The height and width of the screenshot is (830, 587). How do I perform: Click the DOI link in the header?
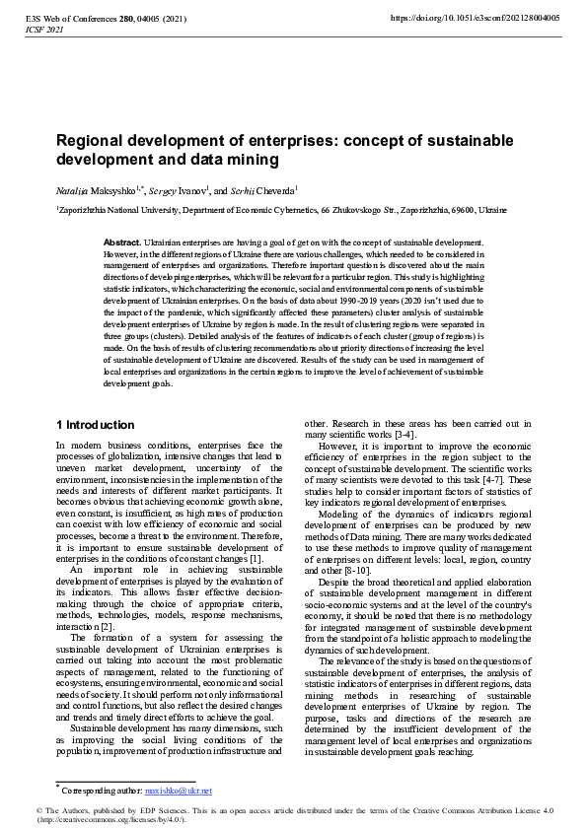pyautogui.click(x=476, y=18)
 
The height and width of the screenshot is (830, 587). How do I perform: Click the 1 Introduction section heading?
pyautogui.click(x=95, y=425)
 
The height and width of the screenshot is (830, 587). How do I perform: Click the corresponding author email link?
pyautogui.click(x=179, y=791)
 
